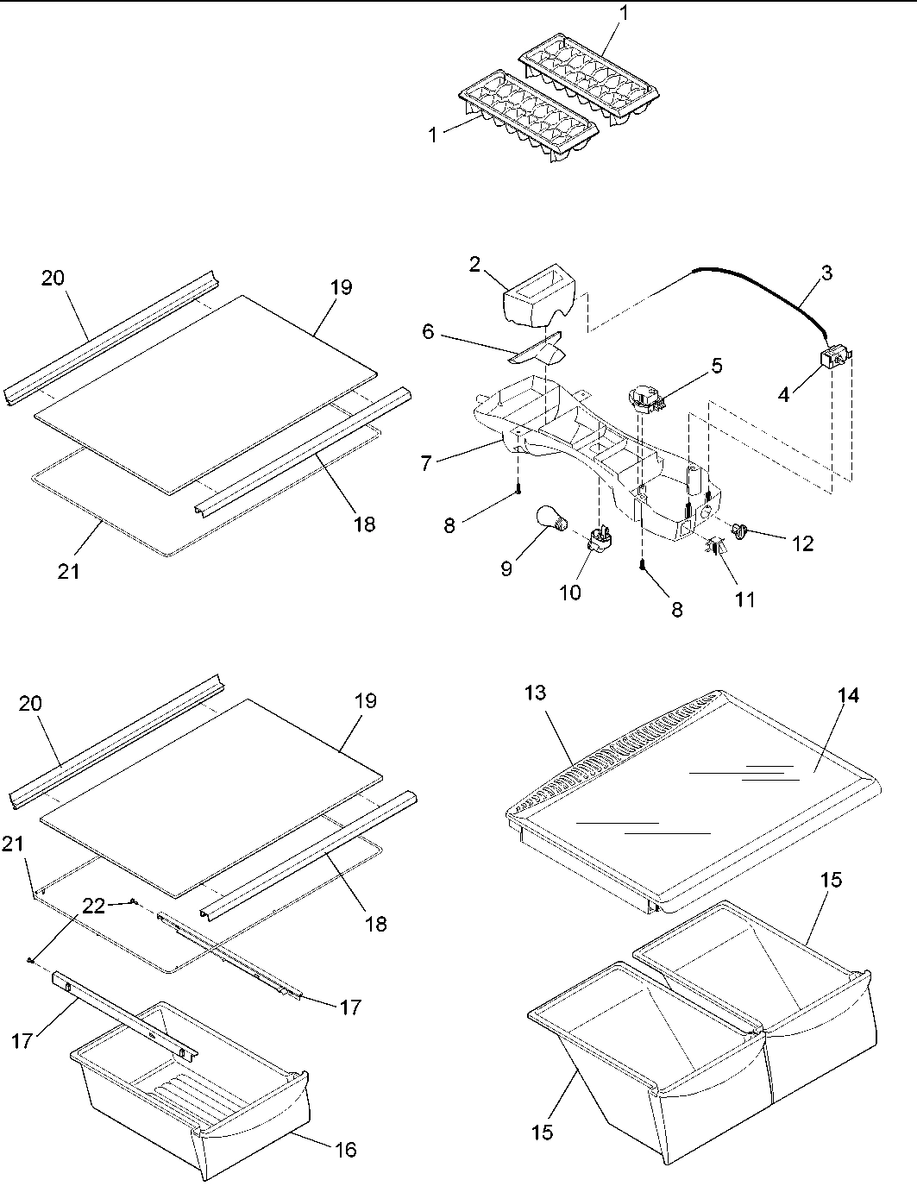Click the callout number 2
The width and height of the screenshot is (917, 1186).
coord(474,265)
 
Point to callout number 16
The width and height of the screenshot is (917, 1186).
coord(343,1149)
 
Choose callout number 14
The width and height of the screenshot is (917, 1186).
coord(849,696)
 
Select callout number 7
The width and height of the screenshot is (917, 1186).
coord(426,464)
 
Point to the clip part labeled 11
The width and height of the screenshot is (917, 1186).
coord(714,546)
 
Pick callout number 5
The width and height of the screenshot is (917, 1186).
coord(716,366)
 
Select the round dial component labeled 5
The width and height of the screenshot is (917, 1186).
coord(645,399)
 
